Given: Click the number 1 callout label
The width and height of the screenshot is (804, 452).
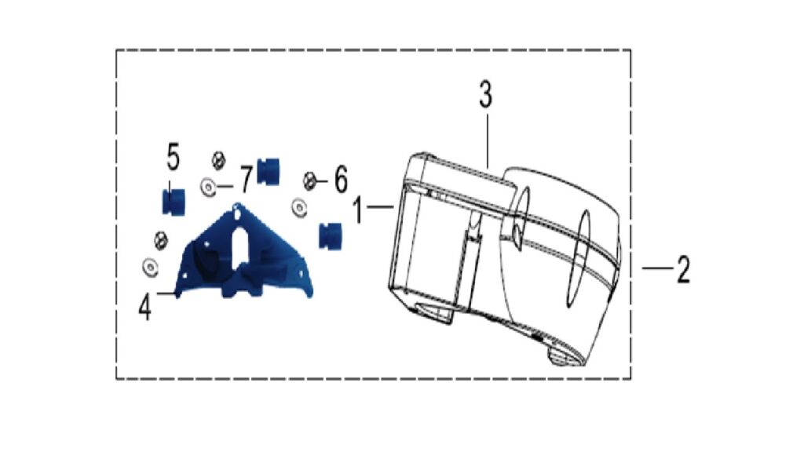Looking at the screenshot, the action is pos(359,210).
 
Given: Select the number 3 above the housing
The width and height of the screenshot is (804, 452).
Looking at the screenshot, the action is pos(485,94).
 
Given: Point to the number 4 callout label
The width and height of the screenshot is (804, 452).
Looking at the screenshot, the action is pos(145,308).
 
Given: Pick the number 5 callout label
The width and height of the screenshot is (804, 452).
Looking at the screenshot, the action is pos(174,157).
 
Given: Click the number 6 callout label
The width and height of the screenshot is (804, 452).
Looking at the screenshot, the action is pos(341,180).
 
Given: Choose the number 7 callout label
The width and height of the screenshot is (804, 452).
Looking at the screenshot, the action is pos(246,180).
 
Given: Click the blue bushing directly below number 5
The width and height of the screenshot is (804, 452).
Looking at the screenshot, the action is pos(174,202).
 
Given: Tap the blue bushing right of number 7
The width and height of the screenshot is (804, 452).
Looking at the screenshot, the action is pos(268,171).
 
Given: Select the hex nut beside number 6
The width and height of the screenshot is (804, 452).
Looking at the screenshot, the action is pos(309,180).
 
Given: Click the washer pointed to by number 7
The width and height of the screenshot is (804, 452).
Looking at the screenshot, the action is pos(208,187).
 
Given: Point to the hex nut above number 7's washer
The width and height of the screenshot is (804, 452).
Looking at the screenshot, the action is pos(218,160).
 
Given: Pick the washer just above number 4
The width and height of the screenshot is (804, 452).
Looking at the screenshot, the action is pos(150,267).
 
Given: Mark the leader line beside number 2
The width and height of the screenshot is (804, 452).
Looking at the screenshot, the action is pos(657,268).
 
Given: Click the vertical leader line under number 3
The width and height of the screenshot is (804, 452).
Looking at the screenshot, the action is pos(487,141).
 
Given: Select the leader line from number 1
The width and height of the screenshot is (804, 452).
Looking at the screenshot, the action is pos(380,206).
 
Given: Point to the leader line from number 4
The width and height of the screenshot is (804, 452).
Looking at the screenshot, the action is pos(166,293).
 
